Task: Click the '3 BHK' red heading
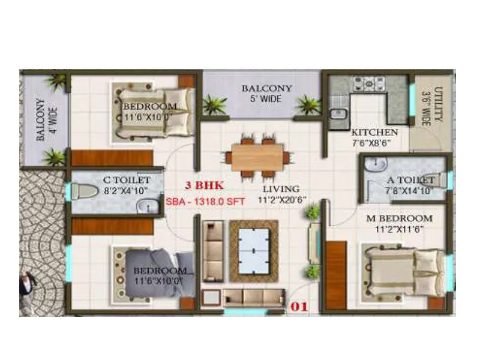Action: pos(204,185)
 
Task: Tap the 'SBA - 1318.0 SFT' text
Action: pos(205,202)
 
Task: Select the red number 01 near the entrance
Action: pos(299,307)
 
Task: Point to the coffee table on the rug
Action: pos(253,251)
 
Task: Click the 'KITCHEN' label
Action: pos(374,132)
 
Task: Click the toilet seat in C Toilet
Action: pos(86,191)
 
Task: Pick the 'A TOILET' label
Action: pos(410,179)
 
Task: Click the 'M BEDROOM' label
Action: pos(399,218)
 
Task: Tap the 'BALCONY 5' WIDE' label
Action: pos(267,94)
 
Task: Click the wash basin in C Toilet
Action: pos(146,207)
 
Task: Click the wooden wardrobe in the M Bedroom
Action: pos(336,274)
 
